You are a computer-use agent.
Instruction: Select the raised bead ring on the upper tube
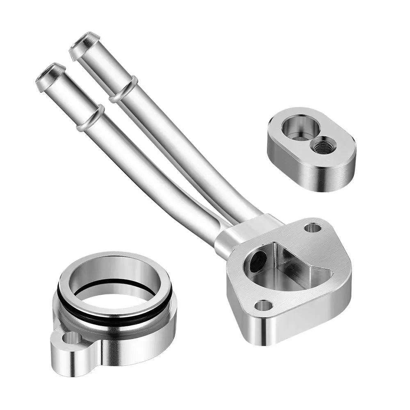[x=123, y=89]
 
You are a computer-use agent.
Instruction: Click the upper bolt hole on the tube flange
[x=313, y=228]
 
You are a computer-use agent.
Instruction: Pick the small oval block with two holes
[x=311, y=148]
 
